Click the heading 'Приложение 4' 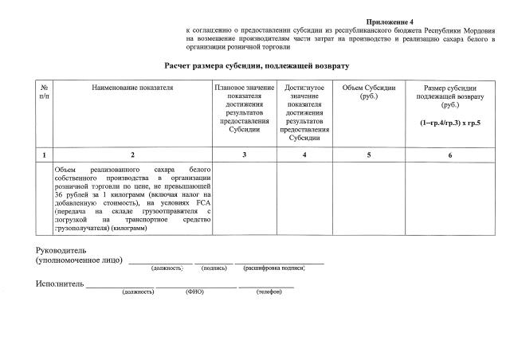pos(391,19)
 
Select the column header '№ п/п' pos(44,92)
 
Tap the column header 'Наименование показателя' pos(132,87)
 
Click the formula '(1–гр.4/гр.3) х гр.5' pos(451,123)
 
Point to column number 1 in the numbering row pos(44,155)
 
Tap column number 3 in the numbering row pos(244,155)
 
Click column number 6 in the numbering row pos(450,155)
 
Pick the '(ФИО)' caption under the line pos(194,292)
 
